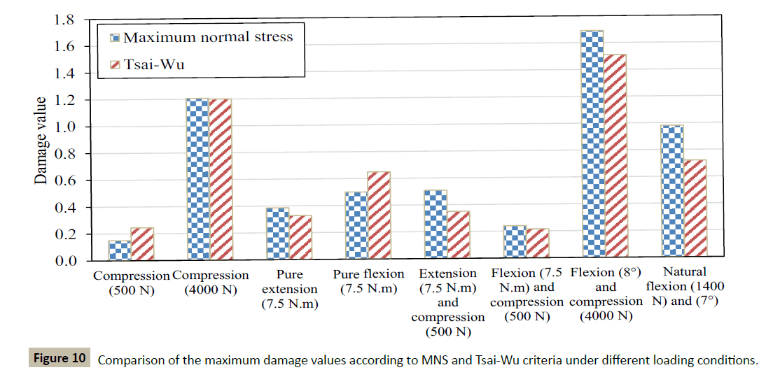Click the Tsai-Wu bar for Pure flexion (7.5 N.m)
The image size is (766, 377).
[379, 215]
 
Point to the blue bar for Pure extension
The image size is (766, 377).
[277, 234]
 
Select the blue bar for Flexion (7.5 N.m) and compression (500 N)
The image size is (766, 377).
[515, 242]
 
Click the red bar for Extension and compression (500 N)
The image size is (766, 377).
[457, 235]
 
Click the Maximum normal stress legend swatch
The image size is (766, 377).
[116, 37]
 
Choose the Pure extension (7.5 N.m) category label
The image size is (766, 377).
[289, 289]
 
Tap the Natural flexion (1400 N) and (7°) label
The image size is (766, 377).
[685, 287]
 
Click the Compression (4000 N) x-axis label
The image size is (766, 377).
[211, 283]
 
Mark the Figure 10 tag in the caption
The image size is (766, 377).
[60, 359]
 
